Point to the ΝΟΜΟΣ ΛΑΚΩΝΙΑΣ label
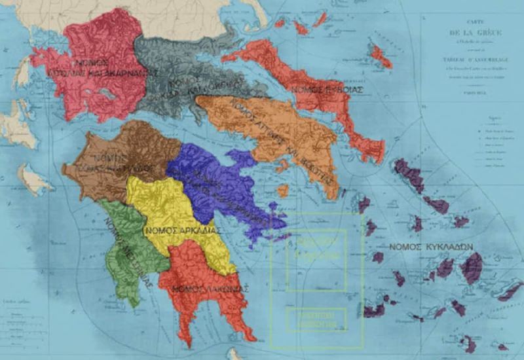[203, 288]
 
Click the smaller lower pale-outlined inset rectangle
[316, 319]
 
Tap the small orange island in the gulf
[282, 191]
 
